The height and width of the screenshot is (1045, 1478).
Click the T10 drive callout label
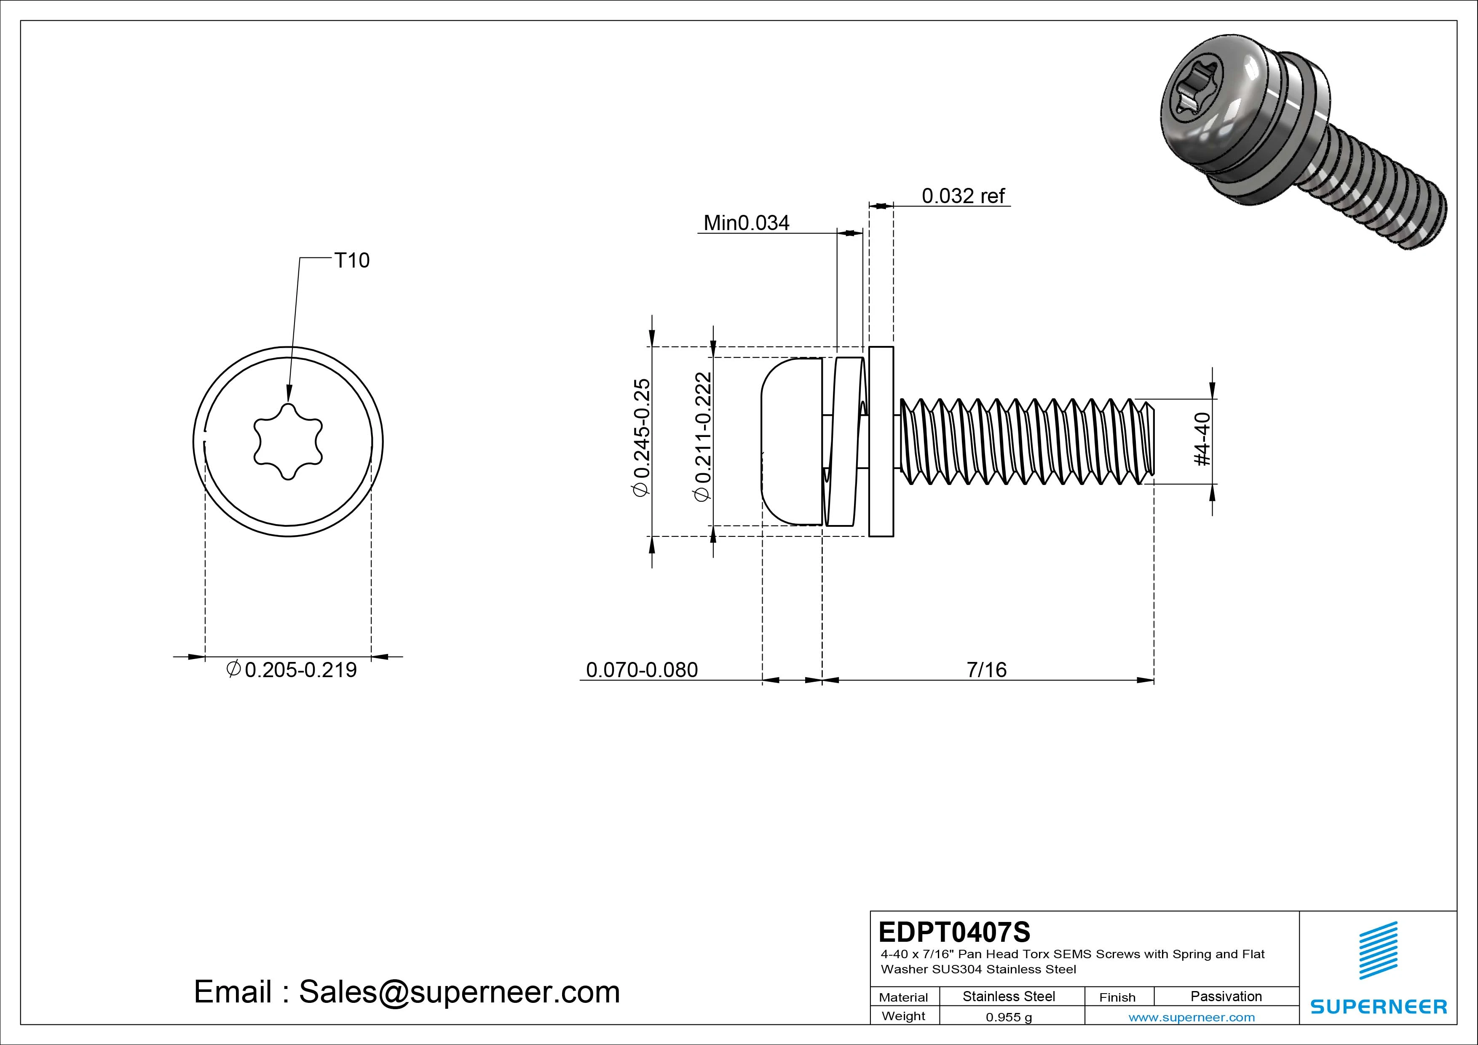pyautogui.click(x=351, y=261)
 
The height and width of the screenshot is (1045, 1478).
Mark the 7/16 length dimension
pyautogui.click(x=986, y=670)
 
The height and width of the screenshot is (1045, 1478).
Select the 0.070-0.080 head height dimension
pyautogui.click(x=641, y=670)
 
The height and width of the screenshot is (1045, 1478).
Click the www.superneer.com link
pyautogui.click(x=1192, y=1017)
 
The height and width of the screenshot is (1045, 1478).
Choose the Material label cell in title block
pyautogui.click(x=903, y=997)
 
